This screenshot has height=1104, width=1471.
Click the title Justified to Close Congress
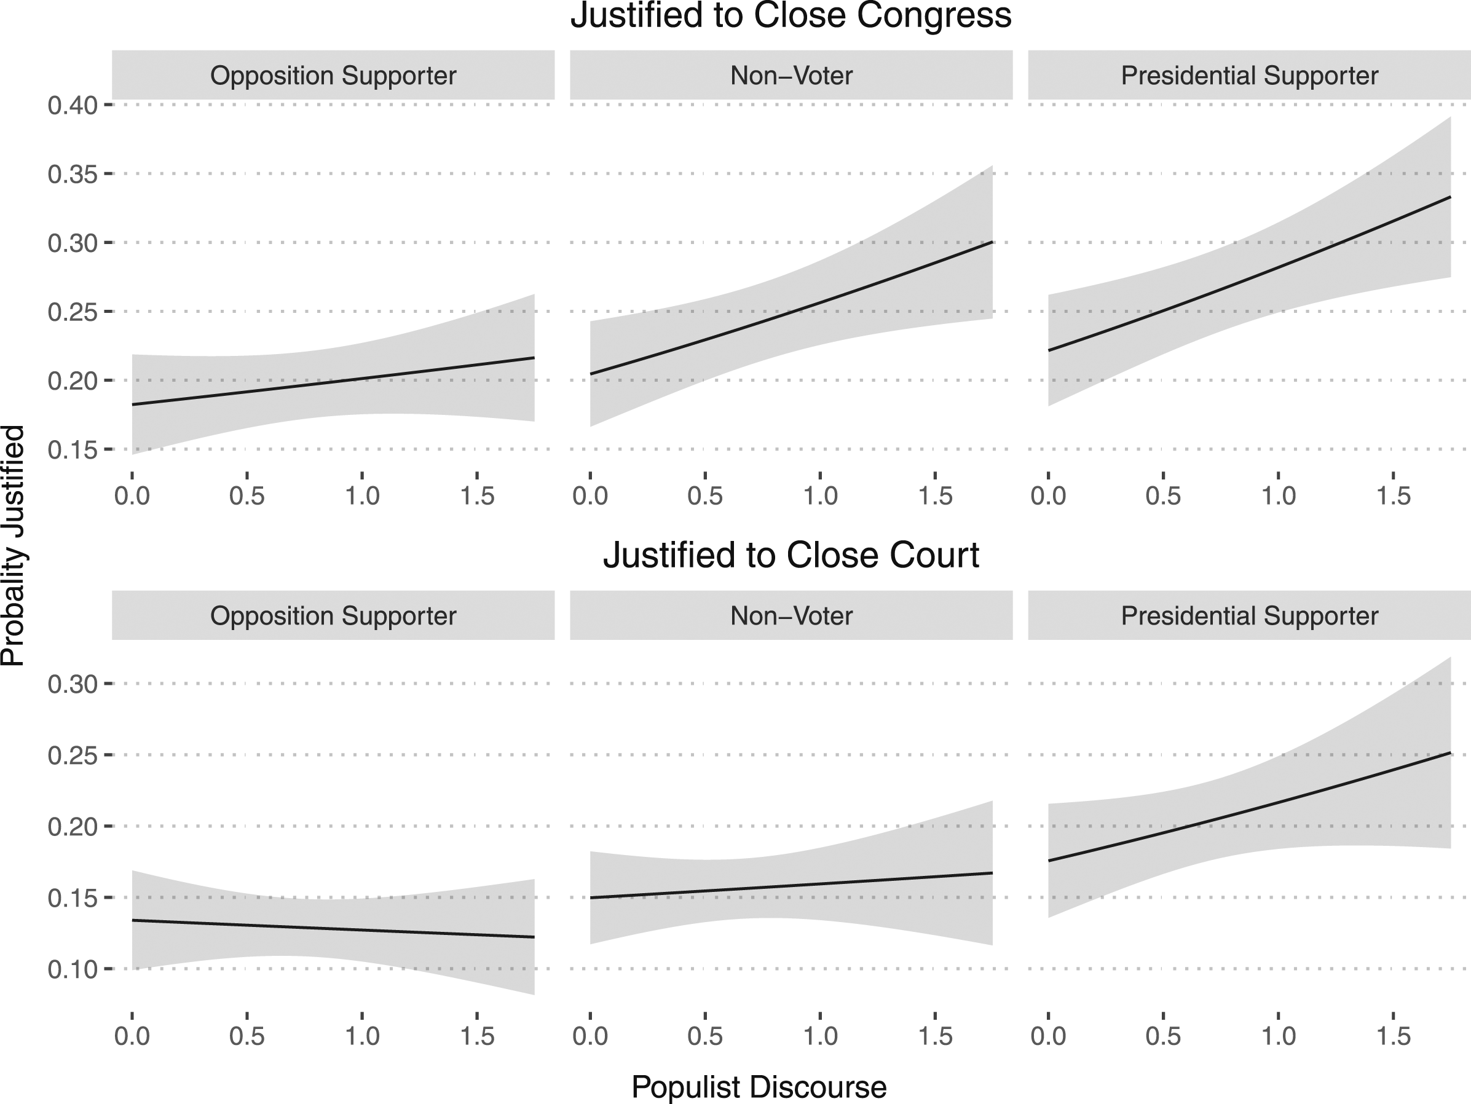point(791,16)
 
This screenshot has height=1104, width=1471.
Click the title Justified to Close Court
point(791,555)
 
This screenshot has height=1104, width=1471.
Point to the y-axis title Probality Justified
point(14,545)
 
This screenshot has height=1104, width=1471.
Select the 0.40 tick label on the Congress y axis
point(73,105)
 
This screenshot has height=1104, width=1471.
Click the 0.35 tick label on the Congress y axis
point(73,174)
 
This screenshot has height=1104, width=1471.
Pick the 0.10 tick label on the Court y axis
point(73,969)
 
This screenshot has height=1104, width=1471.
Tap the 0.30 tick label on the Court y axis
point(73,684)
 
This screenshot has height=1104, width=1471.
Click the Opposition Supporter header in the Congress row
point(333,76)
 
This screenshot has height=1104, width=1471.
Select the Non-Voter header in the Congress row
point(791,76)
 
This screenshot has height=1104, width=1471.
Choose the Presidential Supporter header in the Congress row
point(1250,76)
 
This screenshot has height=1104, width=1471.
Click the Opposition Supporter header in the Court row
point(333,616)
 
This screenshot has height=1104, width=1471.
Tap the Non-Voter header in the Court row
point(791,616)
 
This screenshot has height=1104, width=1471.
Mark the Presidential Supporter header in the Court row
point(1250,616)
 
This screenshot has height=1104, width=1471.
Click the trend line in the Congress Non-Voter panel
point(791,307)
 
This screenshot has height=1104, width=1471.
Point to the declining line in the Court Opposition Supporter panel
point(333,928)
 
